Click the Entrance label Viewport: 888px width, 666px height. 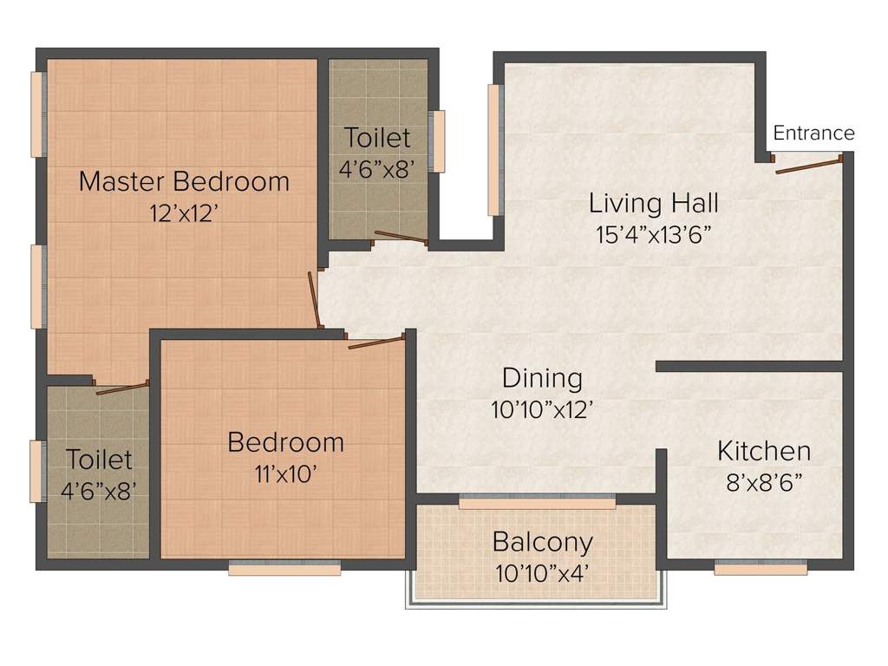(x=813, y=133)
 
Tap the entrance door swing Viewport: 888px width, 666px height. (x=808, y=165)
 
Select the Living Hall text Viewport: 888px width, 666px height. (x=653, y=204)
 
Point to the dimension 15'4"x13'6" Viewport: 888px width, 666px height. (x=654, y=235)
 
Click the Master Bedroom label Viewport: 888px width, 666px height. (x=184, y=182)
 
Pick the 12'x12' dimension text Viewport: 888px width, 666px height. (x=184, y=213)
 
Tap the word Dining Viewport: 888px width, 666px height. (x=542, y=379)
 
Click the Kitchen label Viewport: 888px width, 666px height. (x=763, y=451)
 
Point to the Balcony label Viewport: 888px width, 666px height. (x=542, y=542)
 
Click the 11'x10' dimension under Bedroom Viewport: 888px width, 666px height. (x=285, y=473)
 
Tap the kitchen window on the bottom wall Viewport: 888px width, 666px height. (x=761, y=569)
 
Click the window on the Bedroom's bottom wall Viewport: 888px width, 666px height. (x=284, y=570)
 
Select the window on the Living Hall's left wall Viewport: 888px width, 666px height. (x=494, y=149)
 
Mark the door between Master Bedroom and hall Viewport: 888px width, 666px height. (x=315, y=300)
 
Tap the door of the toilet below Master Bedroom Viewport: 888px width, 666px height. (x=121, y=388)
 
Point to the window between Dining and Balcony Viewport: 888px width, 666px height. (x=537, y=502)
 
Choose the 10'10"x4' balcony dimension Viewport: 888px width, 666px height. (x=542, y=573)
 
